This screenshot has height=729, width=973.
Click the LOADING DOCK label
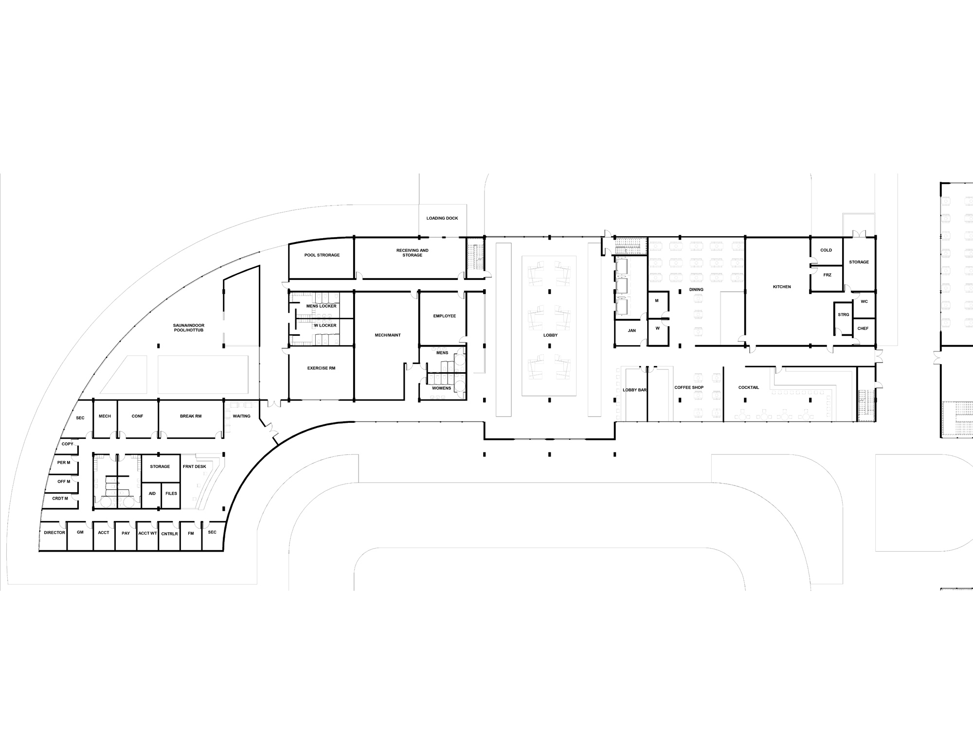(442, 218)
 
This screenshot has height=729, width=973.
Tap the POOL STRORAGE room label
(322, 255)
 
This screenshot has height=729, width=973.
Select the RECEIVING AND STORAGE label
(413, 253)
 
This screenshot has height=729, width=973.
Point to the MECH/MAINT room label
(388, 335)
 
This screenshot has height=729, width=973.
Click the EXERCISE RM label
(322, 368)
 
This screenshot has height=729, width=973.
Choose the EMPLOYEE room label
(445, 316)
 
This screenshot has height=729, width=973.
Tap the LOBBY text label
(551, 335)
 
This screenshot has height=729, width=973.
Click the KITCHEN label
(782, 287)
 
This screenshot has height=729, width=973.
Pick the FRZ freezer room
(828, 275)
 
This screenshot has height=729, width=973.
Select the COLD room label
(826, 250)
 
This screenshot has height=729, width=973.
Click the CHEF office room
(863, 329)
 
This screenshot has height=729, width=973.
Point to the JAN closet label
(632, 330)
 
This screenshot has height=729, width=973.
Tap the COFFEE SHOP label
(689, 388)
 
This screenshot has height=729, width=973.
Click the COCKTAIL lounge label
(749, 388)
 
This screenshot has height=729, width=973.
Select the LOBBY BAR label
(635, 390)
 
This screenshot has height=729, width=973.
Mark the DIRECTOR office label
(54, 533)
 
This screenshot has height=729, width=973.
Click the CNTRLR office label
(169, 534)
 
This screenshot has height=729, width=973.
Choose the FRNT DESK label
(195, 467)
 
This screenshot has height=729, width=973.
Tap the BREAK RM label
(191, 417)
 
